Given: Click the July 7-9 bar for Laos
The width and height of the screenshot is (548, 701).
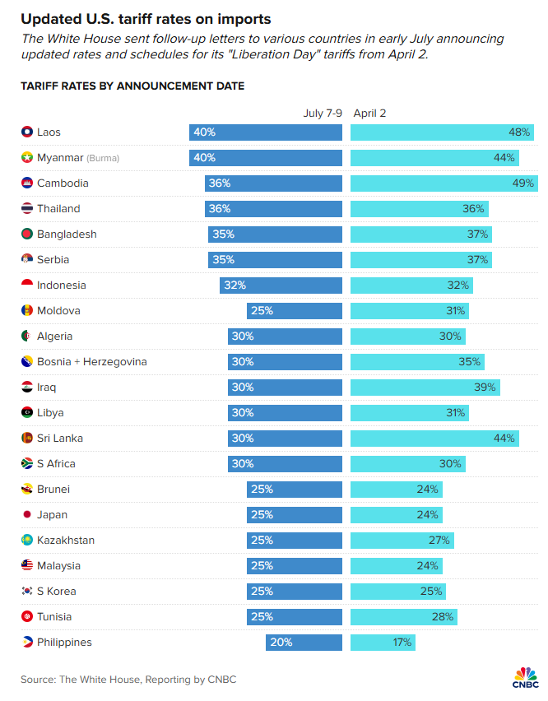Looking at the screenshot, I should click(265, 132).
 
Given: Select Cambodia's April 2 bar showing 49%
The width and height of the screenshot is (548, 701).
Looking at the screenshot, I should click(444, 183).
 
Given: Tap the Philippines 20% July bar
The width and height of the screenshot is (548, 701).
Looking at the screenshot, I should click(304, 643).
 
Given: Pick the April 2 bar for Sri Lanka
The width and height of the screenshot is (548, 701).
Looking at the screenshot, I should click(435, 439).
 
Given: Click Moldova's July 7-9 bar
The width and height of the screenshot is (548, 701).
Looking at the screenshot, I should click(294, 311).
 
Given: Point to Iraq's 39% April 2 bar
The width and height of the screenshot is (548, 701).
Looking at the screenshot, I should click(425, 387).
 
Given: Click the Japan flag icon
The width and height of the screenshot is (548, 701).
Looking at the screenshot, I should click(27, 515).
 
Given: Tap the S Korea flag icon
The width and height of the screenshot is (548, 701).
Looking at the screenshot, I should click(27, 592).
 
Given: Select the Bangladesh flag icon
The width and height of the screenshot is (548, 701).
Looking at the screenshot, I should click(27, 234).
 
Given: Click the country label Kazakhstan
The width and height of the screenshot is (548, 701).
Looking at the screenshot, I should click(66, 541).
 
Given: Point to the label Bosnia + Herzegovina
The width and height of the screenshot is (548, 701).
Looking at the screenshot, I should click(92, 362).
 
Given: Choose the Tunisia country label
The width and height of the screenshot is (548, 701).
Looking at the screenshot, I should click(54, 617).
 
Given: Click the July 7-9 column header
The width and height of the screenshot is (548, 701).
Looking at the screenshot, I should click(323, 113).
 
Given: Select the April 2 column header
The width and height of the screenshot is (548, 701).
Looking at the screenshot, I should click(369, 113).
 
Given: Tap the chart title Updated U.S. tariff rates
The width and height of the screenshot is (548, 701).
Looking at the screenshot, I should click(146, 18).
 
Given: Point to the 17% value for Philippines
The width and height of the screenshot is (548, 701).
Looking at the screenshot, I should click(402, 643).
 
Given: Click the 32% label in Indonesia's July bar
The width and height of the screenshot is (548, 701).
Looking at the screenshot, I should click(234, 286).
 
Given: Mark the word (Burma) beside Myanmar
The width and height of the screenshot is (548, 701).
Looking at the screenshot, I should click(103, 158).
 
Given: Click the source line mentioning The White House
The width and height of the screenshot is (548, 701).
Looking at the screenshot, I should click(129, 679).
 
